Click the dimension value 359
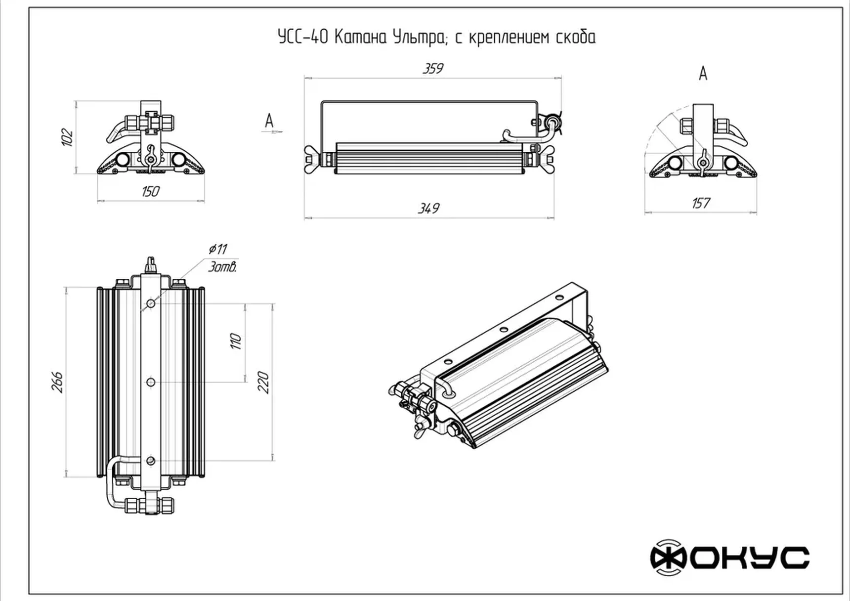433,69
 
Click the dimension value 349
428,208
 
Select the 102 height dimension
67,137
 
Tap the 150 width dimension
150,191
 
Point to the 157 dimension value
700,203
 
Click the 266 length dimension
58,382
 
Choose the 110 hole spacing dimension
236,341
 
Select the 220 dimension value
263,382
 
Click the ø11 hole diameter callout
218,249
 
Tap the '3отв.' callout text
222,267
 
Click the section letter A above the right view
703,74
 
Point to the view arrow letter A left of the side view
269,120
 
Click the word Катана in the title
360,37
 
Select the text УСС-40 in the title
303,37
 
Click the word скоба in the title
576,37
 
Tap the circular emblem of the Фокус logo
668,558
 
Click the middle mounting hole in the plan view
151,382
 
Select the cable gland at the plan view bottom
150,505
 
